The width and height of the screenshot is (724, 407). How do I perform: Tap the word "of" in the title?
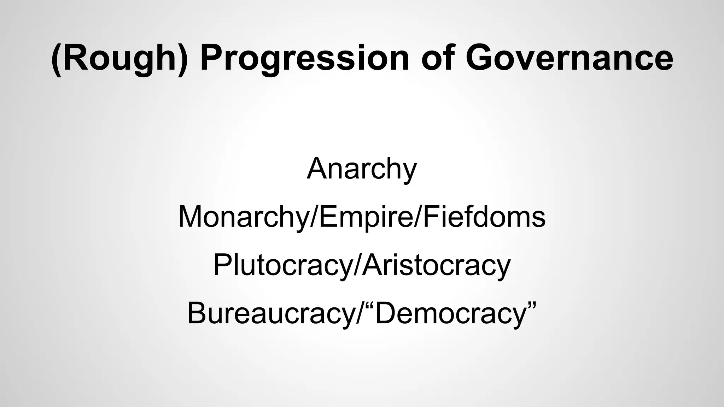click(437, 58)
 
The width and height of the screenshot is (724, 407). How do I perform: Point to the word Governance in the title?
click(569, 58)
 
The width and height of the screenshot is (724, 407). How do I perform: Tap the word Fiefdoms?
click(484, 217)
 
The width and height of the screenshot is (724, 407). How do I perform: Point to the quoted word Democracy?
click(450, 314)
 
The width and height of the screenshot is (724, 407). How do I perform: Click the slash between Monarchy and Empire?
click(314, 217)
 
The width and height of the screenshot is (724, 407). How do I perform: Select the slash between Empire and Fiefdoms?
click(418, 217)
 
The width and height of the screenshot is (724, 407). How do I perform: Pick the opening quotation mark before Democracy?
click(369, 306)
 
